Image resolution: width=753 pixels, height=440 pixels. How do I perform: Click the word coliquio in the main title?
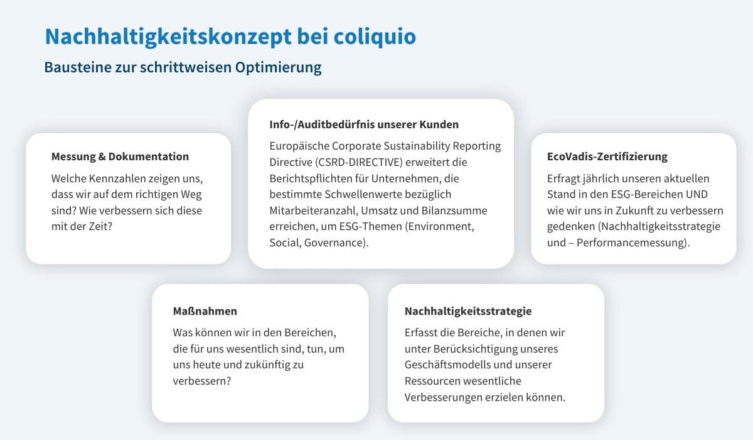tap(375, 36)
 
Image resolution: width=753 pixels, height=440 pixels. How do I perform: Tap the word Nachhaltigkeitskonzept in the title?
tap(168, 37)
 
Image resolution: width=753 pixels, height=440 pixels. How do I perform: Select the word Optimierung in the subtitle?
tap(278, 67)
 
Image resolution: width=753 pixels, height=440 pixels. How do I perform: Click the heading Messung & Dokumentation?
tap(120, 157)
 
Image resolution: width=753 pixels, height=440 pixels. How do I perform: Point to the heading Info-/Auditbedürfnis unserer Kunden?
tap(364, 124)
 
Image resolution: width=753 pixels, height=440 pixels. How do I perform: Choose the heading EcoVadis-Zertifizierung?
tap(607, 157)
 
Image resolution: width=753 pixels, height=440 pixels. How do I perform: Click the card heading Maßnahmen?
tap(205, 311)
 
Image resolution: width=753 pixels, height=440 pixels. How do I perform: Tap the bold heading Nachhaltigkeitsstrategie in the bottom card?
tap(468, 311)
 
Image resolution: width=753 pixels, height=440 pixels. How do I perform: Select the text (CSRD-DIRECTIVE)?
tap(359, 162)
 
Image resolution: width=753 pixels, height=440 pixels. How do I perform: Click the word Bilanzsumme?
tap(454, 211)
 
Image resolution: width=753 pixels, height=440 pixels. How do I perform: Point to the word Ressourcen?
tap(431, 381)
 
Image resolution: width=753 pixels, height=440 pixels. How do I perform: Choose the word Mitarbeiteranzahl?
tap(314, 211)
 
